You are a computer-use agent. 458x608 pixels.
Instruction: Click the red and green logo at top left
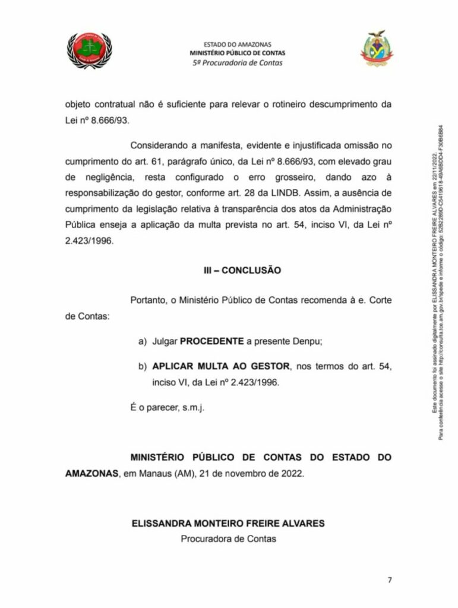[89, 50]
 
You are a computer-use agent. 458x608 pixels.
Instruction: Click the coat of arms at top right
[377, 49]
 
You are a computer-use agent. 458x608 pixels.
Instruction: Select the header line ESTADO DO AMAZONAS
[237, 44]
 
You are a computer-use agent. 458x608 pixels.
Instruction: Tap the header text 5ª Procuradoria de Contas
[237, 62]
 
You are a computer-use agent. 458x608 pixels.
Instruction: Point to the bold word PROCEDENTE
[212, 341]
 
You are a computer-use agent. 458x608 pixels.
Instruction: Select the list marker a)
[142, 341]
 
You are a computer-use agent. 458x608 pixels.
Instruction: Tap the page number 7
[390, 579]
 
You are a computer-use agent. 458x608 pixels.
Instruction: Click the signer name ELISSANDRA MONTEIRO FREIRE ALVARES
[229, 524]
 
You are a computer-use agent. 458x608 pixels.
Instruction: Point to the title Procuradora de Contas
[229, 539]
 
